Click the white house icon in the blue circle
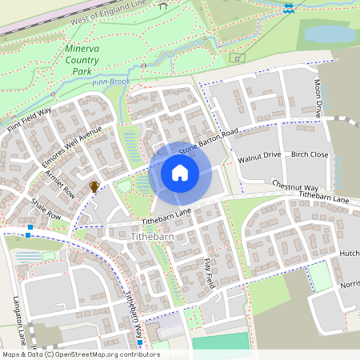180,173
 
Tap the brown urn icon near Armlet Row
94,186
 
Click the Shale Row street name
46,209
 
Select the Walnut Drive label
260,155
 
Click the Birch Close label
310,154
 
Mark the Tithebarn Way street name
134,312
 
